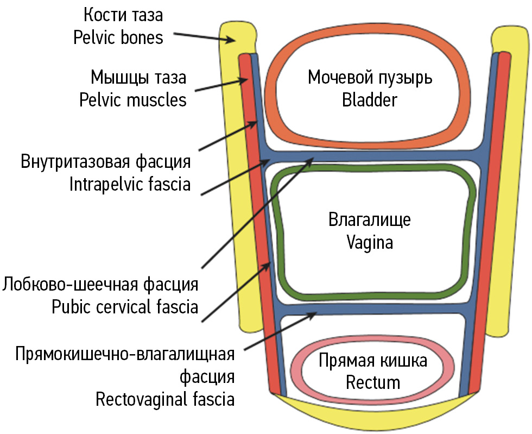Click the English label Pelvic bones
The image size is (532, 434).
[x=118, y=37]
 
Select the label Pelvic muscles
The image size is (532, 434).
[x=132, y=100]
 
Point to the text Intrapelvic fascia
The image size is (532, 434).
[x=130, y=185]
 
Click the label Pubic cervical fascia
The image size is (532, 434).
[x=125, y=307]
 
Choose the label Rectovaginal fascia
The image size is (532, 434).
[x=165, y=400]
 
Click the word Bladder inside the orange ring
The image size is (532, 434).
[x=370, y=100]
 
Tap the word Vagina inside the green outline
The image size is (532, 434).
[x=370, y=243]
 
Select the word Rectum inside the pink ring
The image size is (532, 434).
[x=373, y=382]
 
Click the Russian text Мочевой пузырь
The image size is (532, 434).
[x=370, y=78]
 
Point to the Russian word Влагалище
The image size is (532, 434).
[x=370, y=221]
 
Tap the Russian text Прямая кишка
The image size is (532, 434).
[x=373, y=361]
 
